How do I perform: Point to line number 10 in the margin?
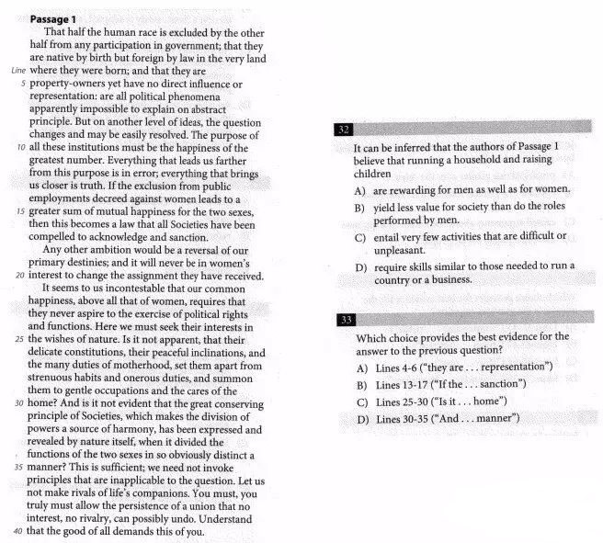tap(21, 147)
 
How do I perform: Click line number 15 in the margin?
tap(21, 211)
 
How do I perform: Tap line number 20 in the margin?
tap(21, 275)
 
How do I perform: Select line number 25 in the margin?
tap(21, 339)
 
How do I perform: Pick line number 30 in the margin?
tap(21, 403)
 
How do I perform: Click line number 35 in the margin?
tap(21, 467)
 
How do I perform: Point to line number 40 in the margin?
tap(21, 531)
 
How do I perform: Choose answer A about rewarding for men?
tap(462, 189)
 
